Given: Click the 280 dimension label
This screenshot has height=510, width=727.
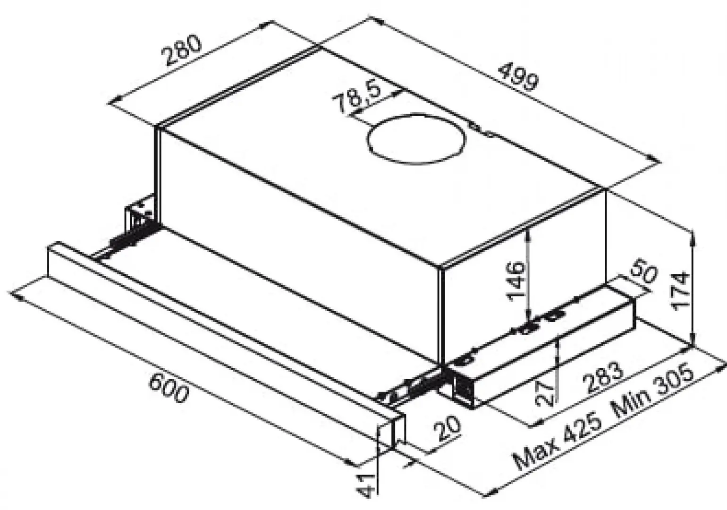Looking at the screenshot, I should (182, 51).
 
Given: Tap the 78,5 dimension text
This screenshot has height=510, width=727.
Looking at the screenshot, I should (357, 97).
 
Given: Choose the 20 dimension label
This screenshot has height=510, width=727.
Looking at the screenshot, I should (446, 429).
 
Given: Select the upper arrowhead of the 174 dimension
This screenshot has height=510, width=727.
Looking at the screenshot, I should (692, 236).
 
